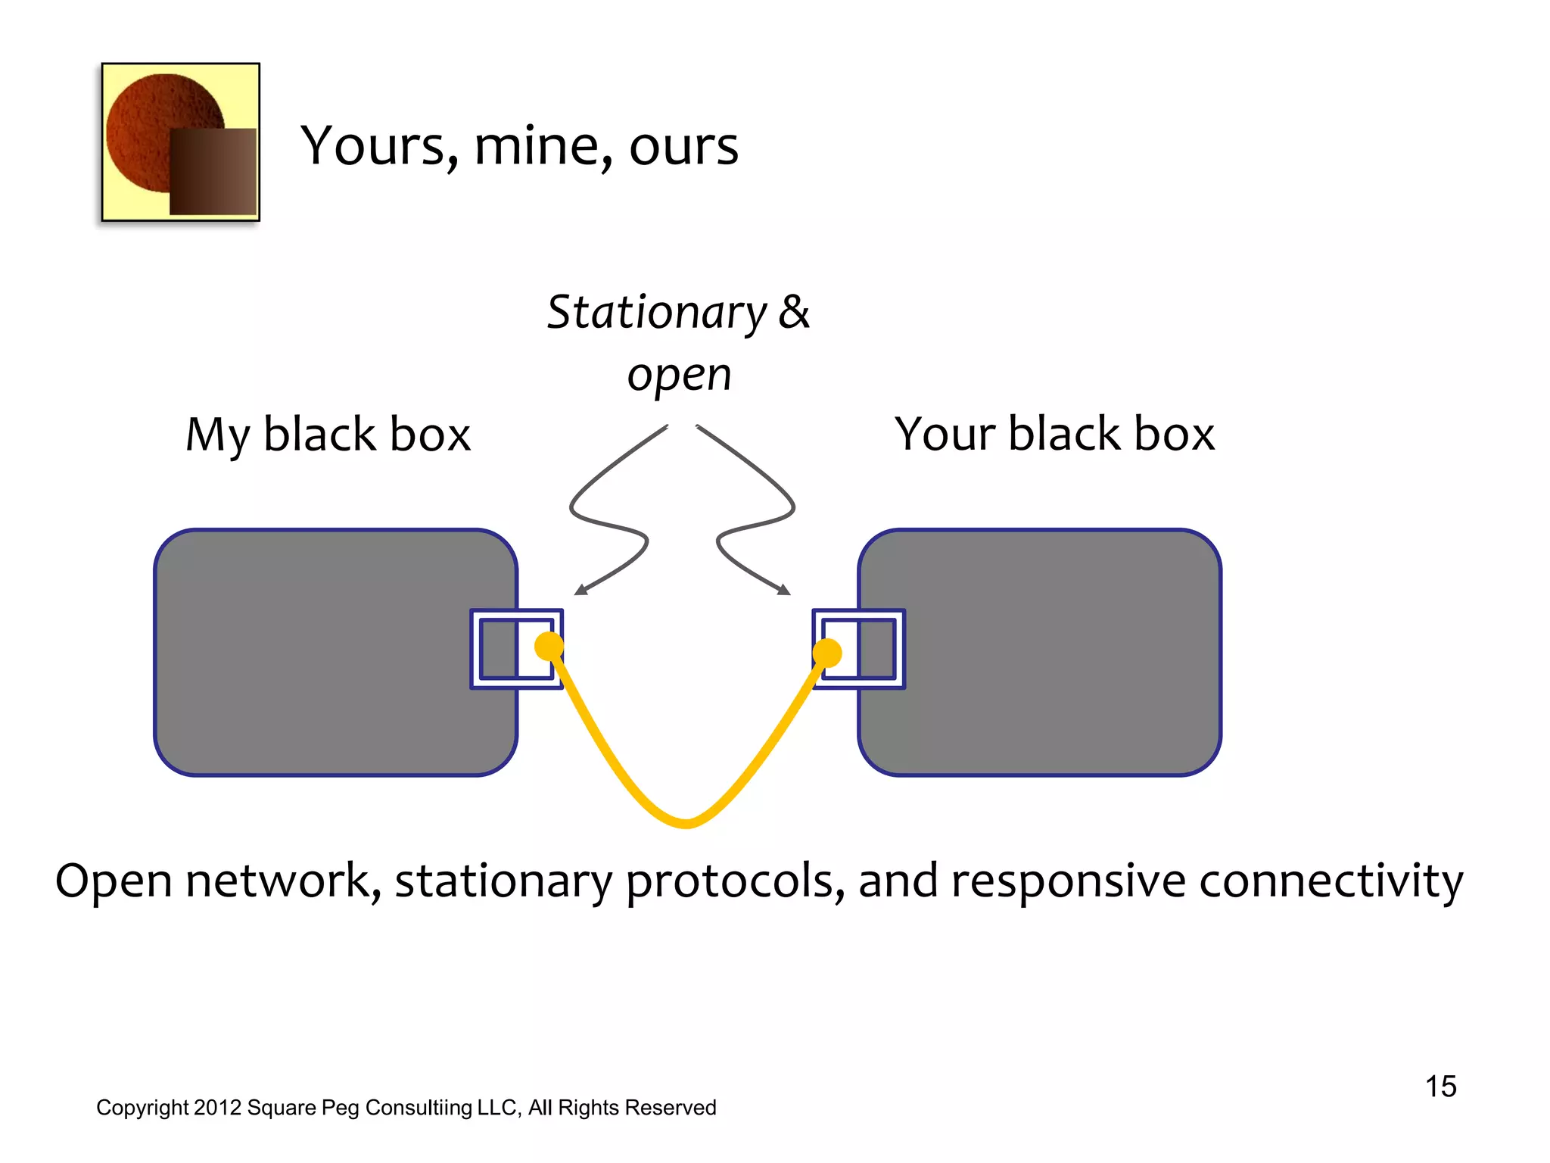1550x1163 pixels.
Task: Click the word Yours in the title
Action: point(378,145)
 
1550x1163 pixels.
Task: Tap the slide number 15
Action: point(1440,1087)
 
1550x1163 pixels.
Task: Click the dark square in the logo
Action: point(213,171)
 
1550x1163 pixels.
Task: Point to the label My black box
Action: point(328,435)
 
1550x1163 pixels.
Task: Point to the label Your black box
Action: point(1054,435)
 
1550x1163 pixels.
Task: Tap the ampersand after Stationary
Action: point(794,312)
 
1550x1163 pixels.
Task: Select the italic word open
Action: point(679,375)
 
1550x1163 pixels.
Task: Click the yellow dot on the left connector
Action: point(549,646)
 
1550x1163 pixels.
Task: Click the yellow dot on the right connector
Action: point(827,653)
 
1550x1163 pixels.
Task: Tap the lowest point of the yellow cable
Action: point(686,823)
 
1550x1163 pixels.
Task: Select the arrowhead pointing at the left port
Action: point(580,590)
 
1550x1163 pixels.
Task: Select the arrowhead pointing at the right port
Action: point(784,590)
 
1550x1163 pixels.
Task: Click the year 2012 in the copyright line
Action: point(216,1108)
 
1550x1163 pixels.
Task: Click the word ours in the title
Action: point(683,145)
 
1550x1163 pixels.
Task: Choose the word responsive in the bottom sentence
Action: point(1068,881)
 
